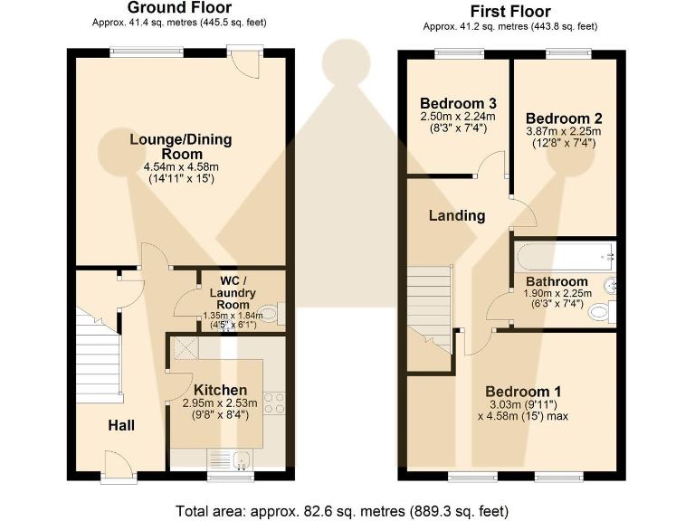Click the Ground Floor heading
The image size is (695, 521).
coord(179,7)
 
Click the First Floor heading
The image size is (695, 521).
coord(510,11)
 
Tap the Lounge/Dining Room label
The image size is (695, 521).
coord(181,147)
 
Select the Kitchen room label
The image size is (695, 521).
coord(220,391)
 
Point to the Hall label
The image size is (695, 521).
coord(121,426)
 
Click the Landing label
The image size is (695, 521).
coord(457,216)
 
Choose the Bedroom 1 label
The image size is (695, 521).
coord(523,392)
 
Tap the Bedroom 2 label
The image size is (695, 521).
coord(564,118)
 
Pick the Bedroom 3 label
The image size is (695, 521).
coord(458,104)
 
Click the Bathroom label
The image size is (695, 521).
coord(557,282)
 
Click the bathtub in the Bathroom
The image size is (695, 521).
coord(565,257)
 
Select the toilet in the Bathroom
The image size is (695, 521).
coord(602,312)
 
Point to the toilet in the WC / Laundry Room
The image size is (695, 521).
coord(271,314)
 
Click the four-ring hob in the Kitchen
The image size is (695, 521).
coord(274,403)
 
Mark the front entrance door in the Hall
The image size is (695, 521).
coord(118,465)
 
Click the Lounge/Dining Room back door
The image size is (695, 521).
coord(245,62)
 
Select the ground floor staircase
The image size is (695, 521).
coord(100,355)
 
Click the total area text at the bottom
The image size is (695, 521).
coord(342,511)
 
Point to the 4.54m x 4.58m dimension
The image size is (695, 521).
coord(181,167)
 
